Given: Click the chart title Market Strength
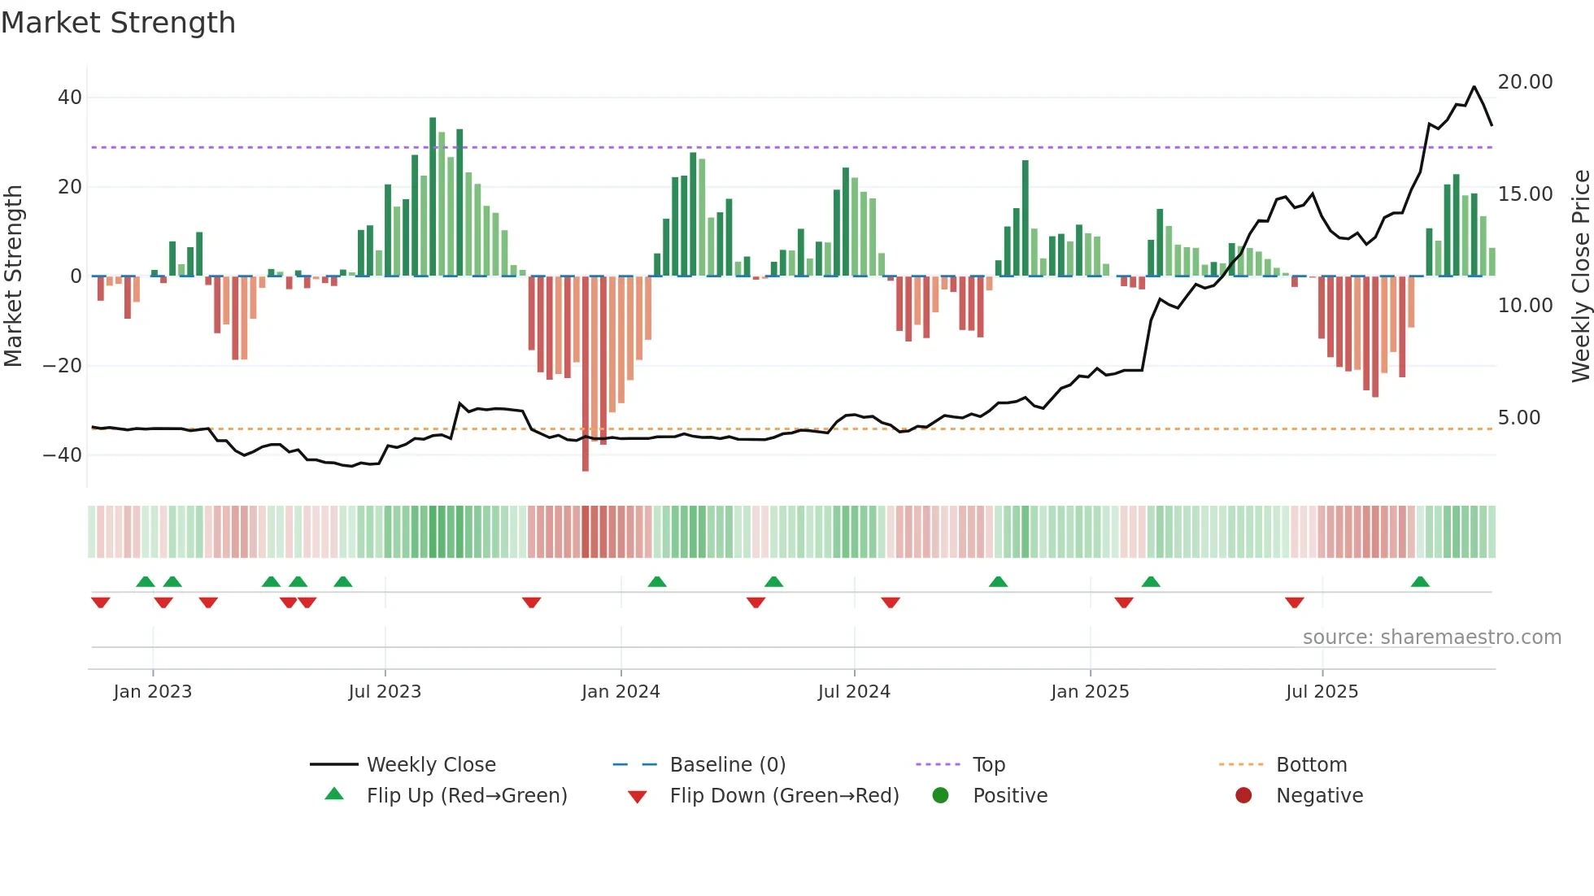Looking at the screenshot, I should point(118,23).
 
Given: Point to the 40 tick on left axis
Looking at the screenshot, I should point(70,98).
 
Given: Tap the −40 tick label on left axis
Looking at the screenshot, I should point(63,455).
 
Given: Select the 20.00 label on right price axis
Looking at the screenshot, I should point(1525,82).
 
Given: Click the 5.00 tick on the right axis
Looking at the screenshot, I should point(1518,418).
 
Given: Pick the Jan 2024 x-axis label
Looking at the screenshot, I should point(621,692).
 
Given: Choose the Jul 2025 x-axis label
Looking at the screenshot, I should point(1322,692).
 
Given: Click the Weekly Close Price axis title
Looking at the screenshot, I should point(1580,276).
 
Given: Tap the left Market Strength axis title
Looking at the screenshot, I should point(14,276).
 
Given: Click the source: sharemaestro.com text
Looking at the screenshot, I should point(1431,637).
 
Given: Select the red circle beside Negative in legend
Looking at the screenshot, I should point(1243,796).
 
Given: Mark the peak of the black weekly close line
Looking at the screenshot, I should point(1474,86).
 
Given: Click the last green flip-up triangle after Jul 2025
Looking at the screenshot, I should point(1420,582).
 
